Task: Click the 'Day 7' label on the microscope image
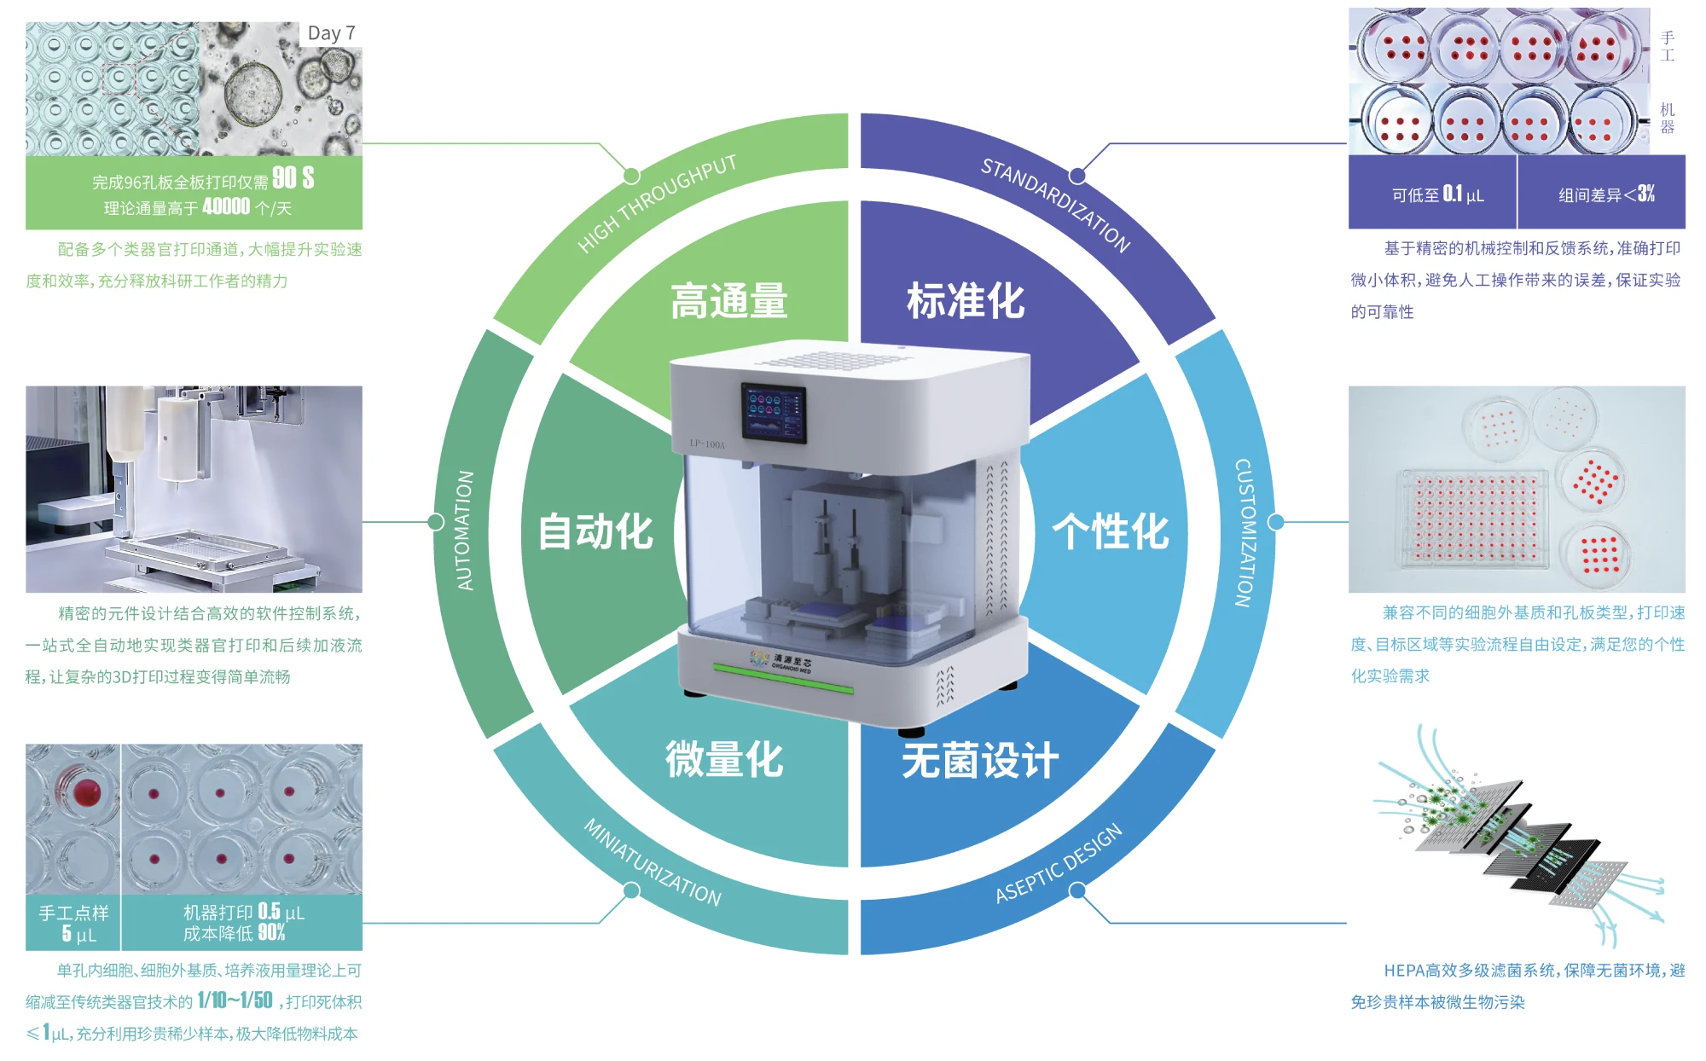click(x=331, y=33)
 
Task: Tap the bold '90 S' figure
click(x=293, y=178)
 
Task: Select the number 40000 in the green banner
click(x=226, y=206)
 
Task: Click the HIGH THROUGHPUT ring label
click(x=656, y=203)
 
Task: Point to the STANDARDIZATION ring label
click(x=1055, y=205)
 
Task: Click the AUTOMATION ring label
click(x=465, y=530)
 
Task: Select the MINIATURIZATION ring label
click(x=653, y=861)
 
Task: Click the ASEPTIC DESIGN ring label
click(x=1059, y=863)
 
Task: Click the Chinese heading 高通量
click(x=728, y=301)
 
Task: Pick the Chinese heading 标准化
click(x=965, y=301)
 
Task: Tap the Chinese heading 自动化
click(x=595, y=531)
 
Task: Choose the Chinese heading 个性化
click(x=1110, y=531)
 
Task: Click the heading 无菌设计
click(x=980, y=760)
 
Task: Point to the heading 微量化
click(x=724, y=759)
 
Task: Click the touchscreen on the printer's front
click(x=773, y=412)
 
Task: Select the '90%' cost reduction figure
click(x=271, y=932)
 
